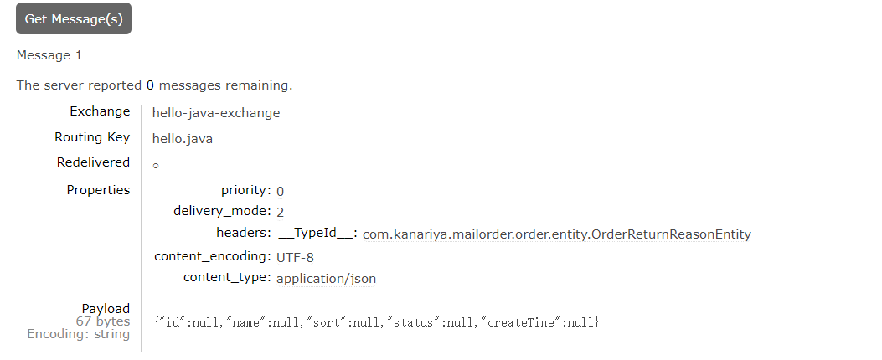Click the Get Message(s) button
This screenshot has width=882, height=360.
pyautogui.click(x=74, y=19)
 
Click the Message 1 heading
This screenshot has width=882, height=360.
pyautogui.click(x=49, y=55)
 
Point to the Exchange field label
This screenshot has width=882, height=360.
pyautogui.click(x=100, y=111)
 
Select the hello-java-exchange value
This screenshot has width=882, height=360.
pyautogui.click(x=216, y=112)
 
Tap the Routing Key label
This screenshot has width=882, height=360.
pyautogui.click(x=92, y=137)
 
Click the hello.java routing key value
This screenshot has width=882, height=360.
pyautogui.click(x=183, y=138)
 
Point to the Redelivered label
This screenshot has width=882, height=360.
pyautogui.click(x=93, y=162)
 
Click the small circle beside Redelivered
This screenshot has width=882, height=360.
pyautogui.click(x=156, y=166)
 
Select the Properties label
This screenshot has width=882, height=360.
pyautogui.click(x=98, y=190)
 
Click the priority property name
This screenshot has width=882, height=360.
pyautogui.click(x=245, y=190)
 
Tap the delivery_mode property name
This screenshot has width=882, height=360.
pyautogui.click(x=222, y=211)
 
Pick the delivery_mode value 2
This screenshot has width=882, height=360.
pyautogui.click(x=281, y=212)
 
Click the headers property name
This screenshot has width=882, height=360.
pyautogui.click(x=243, y=233)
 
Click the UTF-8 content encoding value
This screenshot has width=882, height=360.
pyautogui.click(x=295, y=257)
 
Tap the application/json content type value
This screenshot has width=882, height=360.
pyautogui.click(x=326, y=279)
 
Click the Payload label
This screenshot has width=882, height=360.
pyautogui.click(x=106, y=309)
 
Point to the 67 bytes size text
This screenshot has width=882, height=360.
pyautogui.click(x=103, y=321)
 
